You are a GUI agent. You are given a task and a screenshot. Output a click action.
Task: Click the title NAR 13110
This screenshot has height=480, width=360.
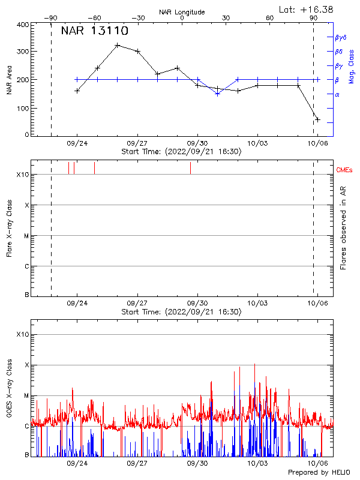pos(95,32)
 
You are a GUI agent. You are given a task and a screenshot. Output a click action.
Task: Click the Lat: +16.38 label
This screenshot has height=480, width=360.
pos(307,9)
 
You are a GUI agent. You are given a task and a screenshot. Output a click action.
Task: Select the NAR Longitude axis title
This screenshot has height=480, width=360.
pos(181,12)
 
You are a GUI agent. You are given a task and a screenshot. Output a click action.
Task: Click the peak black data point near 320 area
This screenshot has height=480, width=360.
pos(118,45)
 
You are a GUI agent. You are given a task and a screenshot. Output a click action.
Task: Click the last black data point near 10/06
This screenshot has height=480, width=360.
pos(317,119)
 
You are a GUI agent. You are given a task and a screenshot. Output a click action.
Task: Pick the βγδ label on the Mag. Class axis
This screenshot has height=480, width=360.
pos(340,37)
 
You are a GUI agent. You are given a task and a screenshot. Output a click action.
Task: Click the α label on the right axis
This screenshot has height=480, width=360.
pos(337,94)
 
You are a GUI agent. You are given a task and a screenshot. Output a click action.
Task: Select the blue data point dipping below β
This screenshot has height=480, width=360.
pos(217,94)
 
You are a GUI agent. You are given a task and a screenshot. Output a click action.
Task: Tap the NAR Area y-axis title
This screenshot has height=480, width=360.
pos(10,80)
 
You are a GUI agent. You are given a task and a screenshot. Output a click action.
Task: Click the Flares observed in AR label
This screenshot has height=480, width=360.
pos(343,228)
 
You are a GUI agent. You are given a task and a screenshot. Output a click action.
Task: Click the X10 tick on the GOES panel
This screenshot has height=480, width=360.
pos(23,334)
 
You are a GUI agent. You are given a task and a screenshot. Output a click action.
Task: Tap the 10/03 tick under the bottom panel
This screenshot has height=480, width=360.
pos(257,463)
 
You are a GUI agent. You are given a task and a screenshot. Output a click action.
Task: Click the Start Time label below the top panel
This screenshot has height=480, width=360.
pos(181,152)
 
